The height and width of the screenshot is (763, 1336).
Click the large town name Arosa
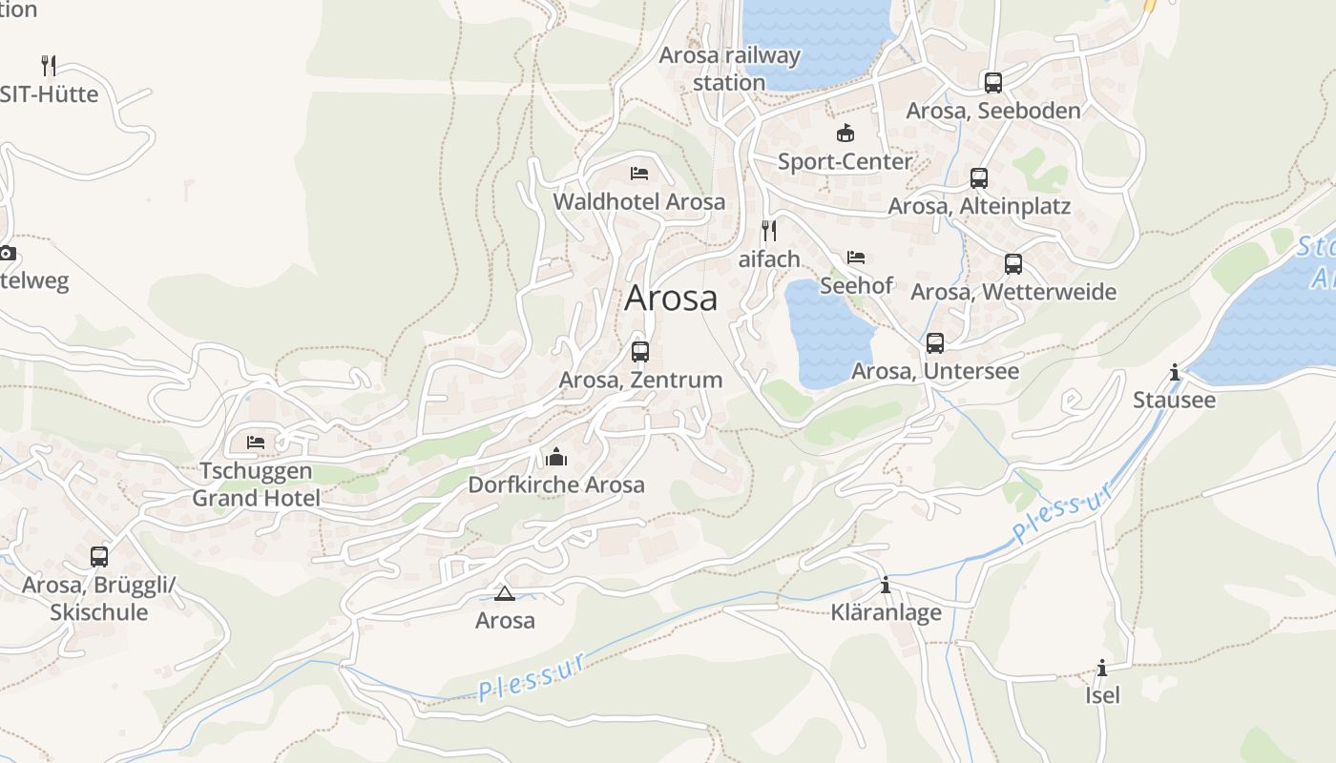click(x=671, y=299)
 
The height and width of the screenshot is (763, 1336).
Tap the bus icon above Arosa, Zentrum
click(x=640, y=351)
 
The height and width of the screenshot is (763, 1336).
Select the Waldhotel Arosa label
click(x=639, y=202)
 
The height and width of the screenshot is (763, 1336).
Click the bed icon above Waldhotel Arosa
click(x=639, y=174)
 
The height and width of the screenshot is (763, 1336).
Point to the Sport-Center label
click(x=845, y=162)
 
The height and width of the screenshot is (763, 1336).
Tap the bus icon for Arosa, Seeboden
click(x=993, y=83)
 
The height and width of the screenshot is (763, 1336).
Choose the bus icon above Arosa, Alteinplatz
click(x=979, y=178)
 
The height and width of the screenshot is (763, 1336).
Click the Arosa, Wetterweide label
click(x=1013, y=292)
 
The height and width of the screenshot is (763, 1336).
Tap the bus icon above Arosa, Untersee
click(x=935, y=343)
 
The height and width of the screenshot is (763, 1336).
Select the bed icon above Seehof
click(x=856, y=258)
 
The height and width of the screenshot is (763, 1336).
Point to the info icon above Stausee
click(x=1175, y=373)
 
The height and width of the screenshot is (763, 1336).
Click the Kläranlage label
click(x=887, y=612)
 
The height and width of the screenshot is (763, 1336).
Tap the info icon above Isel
click(x=1102, y=668)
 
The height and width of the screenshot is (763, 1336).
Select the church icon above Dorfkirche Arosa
click(x=556, y=457)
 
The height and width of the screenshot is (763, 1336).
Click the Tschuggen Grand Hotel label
click(x=256, y=485)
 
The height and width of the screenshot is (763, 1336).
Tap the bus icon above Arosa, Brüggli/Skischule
click(x=99, y=557)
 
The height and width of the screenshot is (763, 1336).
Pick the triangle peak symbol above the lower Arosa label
click(x=505, y=594)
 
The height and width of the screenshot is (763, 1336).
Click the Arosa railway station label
click(x=730, y=69)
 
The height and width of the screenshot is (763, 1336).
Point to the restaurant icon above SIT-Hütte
click(x=49, y=66)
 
